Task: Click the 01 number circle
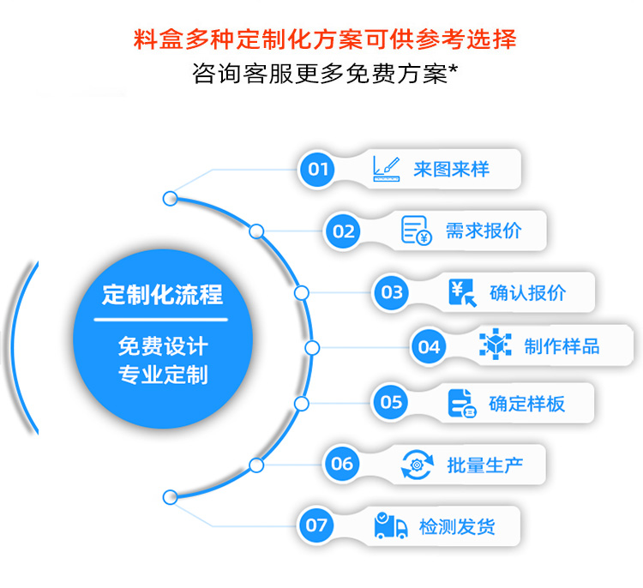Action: (319, 169)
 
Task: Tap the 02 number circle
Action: (344, 231)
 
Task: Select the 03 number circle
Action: (392, 292)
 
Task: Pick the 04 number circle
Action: (429, 346)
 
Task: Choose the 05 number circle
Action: (391, 402)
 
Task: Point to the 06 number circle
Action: (342, 464)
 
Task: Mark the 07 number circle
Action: (317, 525)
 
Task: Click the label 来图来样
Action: (451, 169)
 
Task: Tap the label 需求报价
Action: (484, 231)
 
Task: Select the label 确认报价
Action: (528, 292)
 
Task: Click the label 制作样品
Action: (562, 346)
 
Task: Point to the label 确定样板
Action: (527, 403)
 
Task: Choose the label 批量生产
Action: (484, 465)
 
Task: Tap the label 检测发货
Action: (457, 525)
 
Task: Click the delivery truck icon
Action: (391, 525)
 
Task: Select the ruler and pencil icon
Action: (387, 167)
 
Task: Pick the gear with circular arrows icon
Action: (418, 465)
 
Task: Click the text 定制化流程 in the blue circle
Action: (162, 296)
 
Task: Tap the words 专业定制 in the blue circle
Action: (162, 375)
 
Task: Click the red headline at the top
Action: (326, 39)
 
